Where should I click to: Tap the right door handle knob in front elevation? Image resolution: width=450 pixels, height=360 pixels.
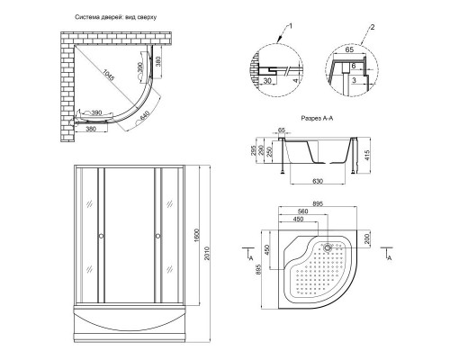point(158,237)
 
